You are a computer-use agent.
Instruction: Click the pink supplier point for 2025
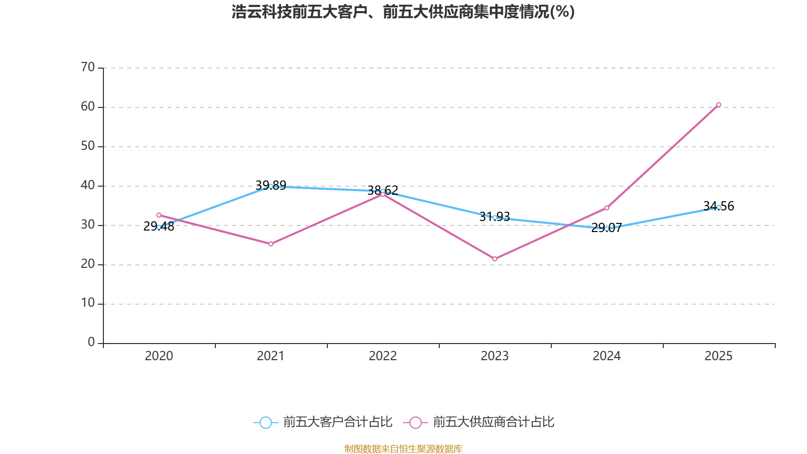click(718, 105)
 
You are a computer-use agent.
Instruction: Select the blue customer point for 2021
click(271, 186)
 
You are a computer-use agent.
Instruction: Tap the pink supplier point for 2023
click(495, 259)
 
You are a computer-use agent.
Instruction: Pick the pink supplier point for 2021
click(271, 244)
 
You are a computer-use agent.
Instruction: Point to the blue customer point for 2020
click(159, 227)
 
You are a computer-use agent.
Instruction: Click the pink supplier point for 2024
click(607, 208)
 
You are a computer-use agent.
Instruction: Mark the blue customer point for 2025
click(718, 207)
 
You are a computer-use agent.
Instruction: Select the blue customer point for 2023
click(495, 217)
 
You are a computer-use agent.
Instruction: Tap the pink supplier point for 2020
click(159, 215)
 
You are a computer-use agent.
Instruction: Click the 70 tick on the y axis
click(88, 67)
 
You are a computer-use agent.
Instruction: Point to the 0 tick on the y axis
click(91, 342)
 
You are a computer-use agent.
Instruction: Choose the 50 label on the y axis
click(88, 146)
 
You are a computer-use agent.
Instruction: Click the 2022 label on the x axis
click(383, 356)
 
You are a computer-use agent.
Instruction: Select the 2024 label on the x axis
click(607, 356)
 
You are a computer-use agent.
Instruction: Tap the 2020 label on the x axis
click(159, 356)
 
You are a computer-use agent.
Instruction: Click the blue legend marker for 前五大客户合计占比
click(265, 422)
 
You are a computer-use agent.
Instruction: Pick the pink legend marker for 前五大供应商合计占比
click(415, 422)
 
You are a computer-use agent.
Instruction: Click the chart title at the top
click(403, 12)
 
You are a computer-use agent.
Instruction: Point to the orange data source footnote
click(403, 448)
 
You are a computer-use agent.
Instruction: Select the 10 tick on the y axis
click(88, 303)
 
